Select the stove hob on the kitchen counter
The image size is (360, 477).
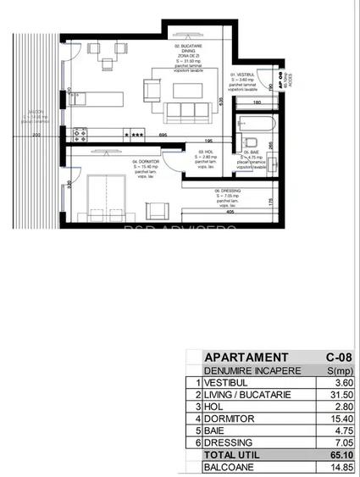(80, 132)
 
